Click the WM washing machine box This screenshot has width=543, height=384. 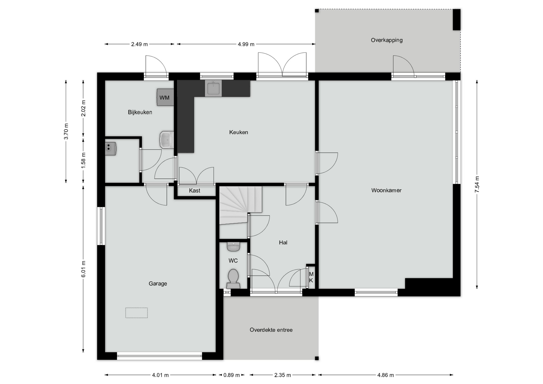[165, 97]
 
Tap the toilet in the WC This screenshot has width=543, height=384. [233, 279]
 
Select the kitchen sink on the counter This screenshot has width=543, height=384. [213, 88]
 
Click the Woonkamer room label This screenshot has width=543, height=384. [386, 190]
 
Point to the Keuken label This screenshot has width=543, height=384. [238, 132]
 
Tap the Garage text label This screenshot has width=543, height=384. [158, 284]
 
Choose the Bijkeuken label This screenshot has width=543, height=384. [140, 112]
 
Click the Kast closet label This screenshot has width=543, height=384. [195, 191]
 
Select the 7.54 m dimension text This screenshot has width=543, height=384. [477, 184]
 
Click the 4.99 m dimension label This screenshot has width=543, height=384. [246, 44]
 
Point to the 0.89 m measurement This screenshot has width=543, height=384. [232, 375]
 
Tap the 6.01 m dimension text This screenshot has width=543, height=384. [83, 269]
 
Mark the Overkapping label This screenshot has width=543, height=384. [387, 40]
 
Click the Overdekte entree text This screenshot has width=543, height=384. [271, 330]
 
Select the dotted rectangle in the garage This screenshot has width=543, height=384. [137, 313]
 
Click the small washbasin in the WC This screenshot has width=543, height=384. [233, 247]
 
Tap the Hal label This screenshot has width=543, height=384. [283, 242]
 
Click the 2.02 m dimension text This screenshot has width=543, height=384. [83, 108]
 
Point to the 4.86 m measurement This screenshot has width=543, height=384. [385, 375]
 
